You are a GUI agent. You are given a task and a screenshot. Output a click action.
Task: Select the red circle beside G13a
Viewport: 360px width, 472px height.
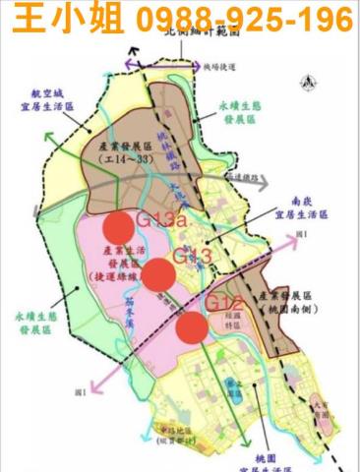pos(117,227)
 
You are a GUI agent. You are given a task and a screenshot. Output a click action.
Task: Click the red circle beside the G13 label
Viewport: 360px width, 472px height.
pos(159,275)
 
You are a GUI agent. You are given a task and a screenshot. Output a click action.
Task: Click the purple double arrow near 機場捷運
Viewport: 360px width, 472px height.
pos(206,66)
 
